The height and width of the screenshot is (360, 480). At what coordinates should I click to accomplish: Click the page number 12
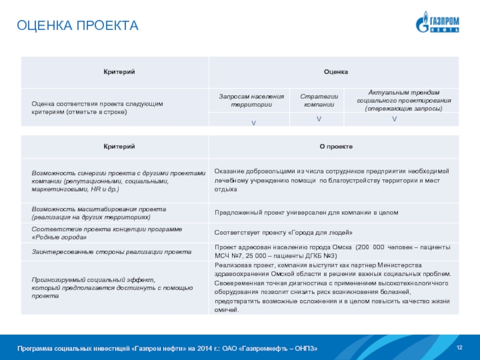[460, 349]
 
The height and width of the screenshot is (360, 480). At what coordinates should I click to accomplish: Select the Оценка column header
[336, 72]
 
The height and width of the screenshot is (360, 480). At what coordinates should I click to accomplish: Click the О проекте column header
[336, 147]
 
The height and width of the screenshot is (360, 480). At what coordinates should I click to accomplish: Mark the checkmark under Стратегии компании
[319, 120]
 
